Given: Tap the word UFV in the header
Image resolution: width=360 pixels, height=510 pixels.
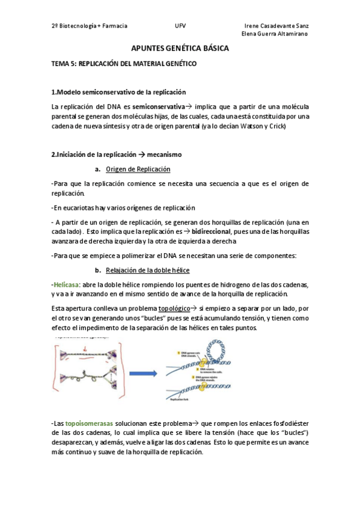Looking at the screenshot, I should [180, 26].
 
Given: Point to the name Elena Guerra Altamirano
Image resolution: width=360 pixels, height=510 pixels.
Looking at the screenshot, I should [274, 34].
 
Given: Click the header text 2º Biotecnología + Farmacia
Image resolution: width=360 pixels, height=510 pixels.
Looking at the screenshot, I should [90, 26].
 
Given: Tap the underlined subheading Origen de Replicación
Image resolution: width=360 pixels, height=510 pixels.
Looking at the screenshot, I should [138, 169].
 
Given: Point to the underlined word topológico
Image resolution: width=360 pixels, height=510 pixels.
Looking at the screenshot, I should [178, 308].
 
